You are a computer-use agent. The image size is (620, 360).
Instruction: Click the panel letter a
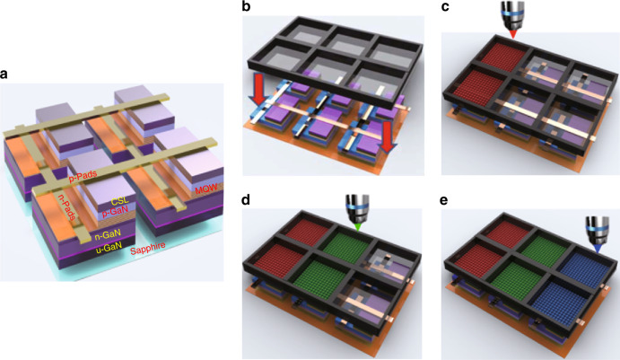pos(4,74)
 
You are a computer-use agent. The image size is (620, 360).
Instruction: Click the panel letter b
pos(247,6)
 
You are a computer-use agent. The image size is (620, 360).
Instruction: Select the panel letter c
pos(445,7)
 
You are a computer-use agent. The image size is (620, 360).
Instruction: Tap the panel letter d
pos(246,200)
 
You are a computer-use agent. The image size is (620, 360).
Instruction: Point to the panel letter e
pos(444,200)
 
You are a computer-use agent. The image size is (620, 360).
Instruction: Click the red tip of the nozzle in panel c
pos(513,35)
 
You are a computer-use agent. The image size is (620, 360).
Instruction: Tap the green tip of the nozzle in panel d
pos(358,227)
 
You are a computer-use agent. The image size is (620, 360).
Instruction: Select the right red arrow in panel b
pos(387,143)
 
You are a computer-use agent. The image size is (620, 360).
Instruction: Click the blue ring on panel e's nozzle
pos(595,228)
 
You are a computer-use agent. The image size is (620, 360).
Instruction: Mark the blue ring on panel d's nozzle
pos(357,207)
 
